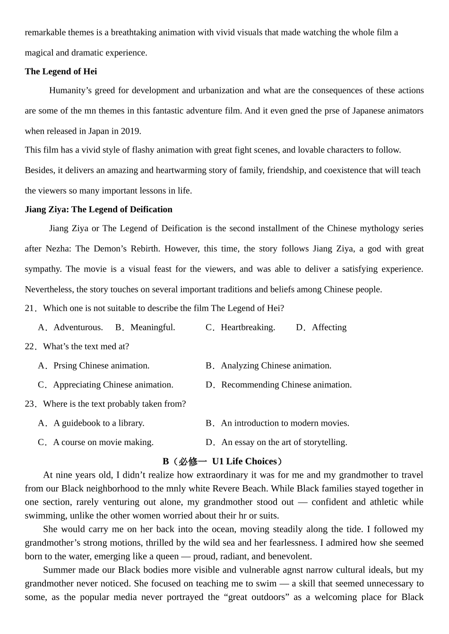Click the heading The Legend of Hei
tap(60, 71)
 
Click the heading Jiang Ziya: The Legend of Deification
tap(98, 209)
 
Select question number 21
tap(30, 308)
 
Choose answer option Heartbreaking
tap(247, 327)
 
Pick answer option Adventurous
tap(78, 327)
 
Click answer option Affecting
tap(329, 327)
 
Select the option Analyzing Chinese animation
tap(276, 365)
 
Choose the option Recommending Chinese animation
tap(286, 385)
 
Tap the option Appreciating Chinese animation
tap(113, 385)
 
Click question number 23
tap(30, 404)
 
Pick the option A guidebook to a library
tap(98, 423)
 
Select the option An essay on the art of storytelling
tap(284, 442)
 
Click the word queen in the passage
tap(167, 556)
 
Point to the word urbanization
tap(219, 90)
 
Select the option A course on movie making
tap(103, 442)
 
